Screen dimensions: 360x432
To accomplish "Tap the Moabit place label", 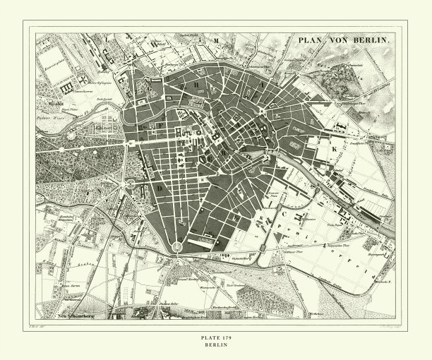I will [47, 101].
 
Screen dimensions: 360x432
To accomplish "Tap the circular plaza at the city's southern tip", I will [176, 246].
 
